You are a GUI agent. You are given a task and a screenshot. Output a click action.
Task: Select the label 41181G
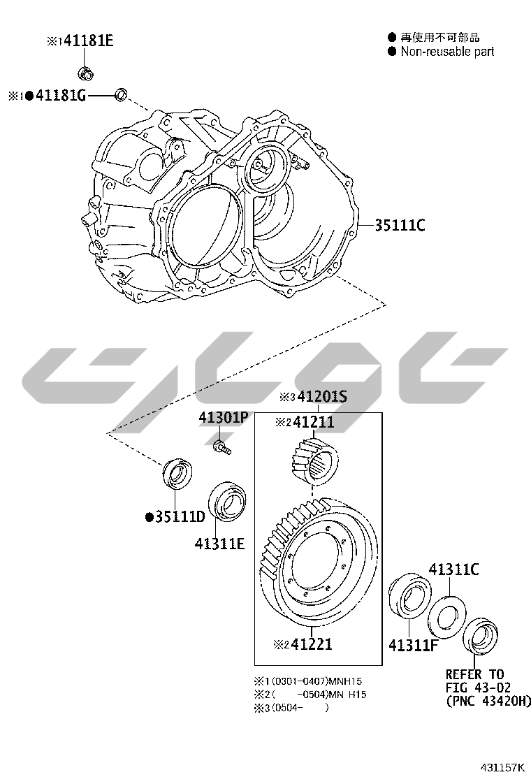tap(60, 95)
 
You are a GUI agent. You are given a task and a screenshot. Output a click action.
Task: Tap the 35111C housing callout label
tap(399, 226)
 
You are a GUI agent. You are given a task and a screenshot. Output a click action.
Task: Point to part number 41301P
tap(223, 418)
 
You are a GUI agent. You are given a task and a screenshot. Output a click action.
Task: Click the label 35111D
tap(180, 517)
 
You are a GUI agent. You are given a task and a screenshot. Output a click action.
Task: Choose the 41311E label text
tap(219, 544)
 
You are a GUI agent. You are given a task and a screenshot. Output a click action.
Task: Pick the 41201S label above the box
tap(322, 396)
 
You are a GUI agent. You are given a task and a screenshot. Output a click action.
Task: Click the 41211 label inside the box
tap(313, 422)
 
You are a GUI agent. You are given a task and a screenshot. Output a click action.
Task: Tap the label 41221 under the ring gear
tap(312, 644)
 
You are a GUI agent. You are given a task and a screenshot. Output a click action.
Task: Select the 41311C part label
tap(453, 569)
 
